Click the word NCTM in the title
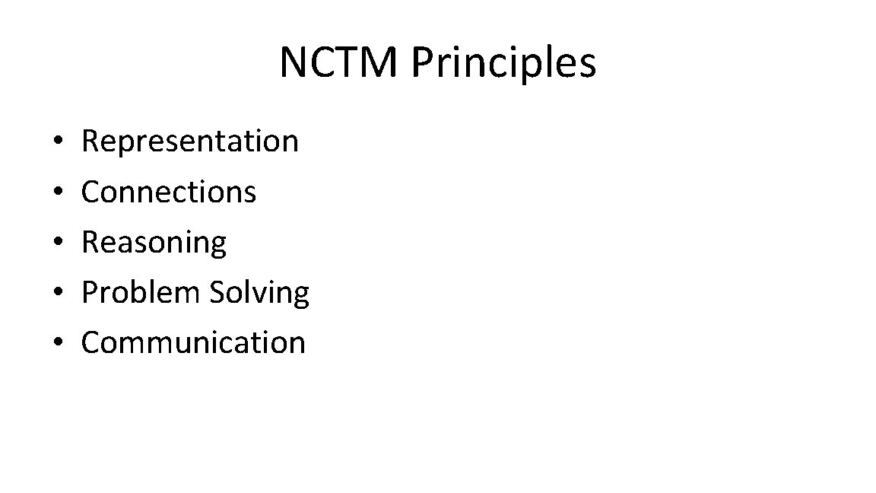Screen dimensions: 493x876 [338, 62]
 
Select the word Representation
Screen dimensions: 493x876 [190, 142]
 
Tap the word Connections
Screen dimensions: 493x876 [169, 192]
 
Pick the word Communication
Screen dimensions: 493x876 [193, 342]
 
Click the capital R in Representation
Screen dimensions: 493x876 [90, 142]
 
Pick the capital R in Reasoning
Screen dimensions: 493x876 [90, 242]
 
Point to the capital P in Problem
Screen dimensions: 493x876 [90, 292]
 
